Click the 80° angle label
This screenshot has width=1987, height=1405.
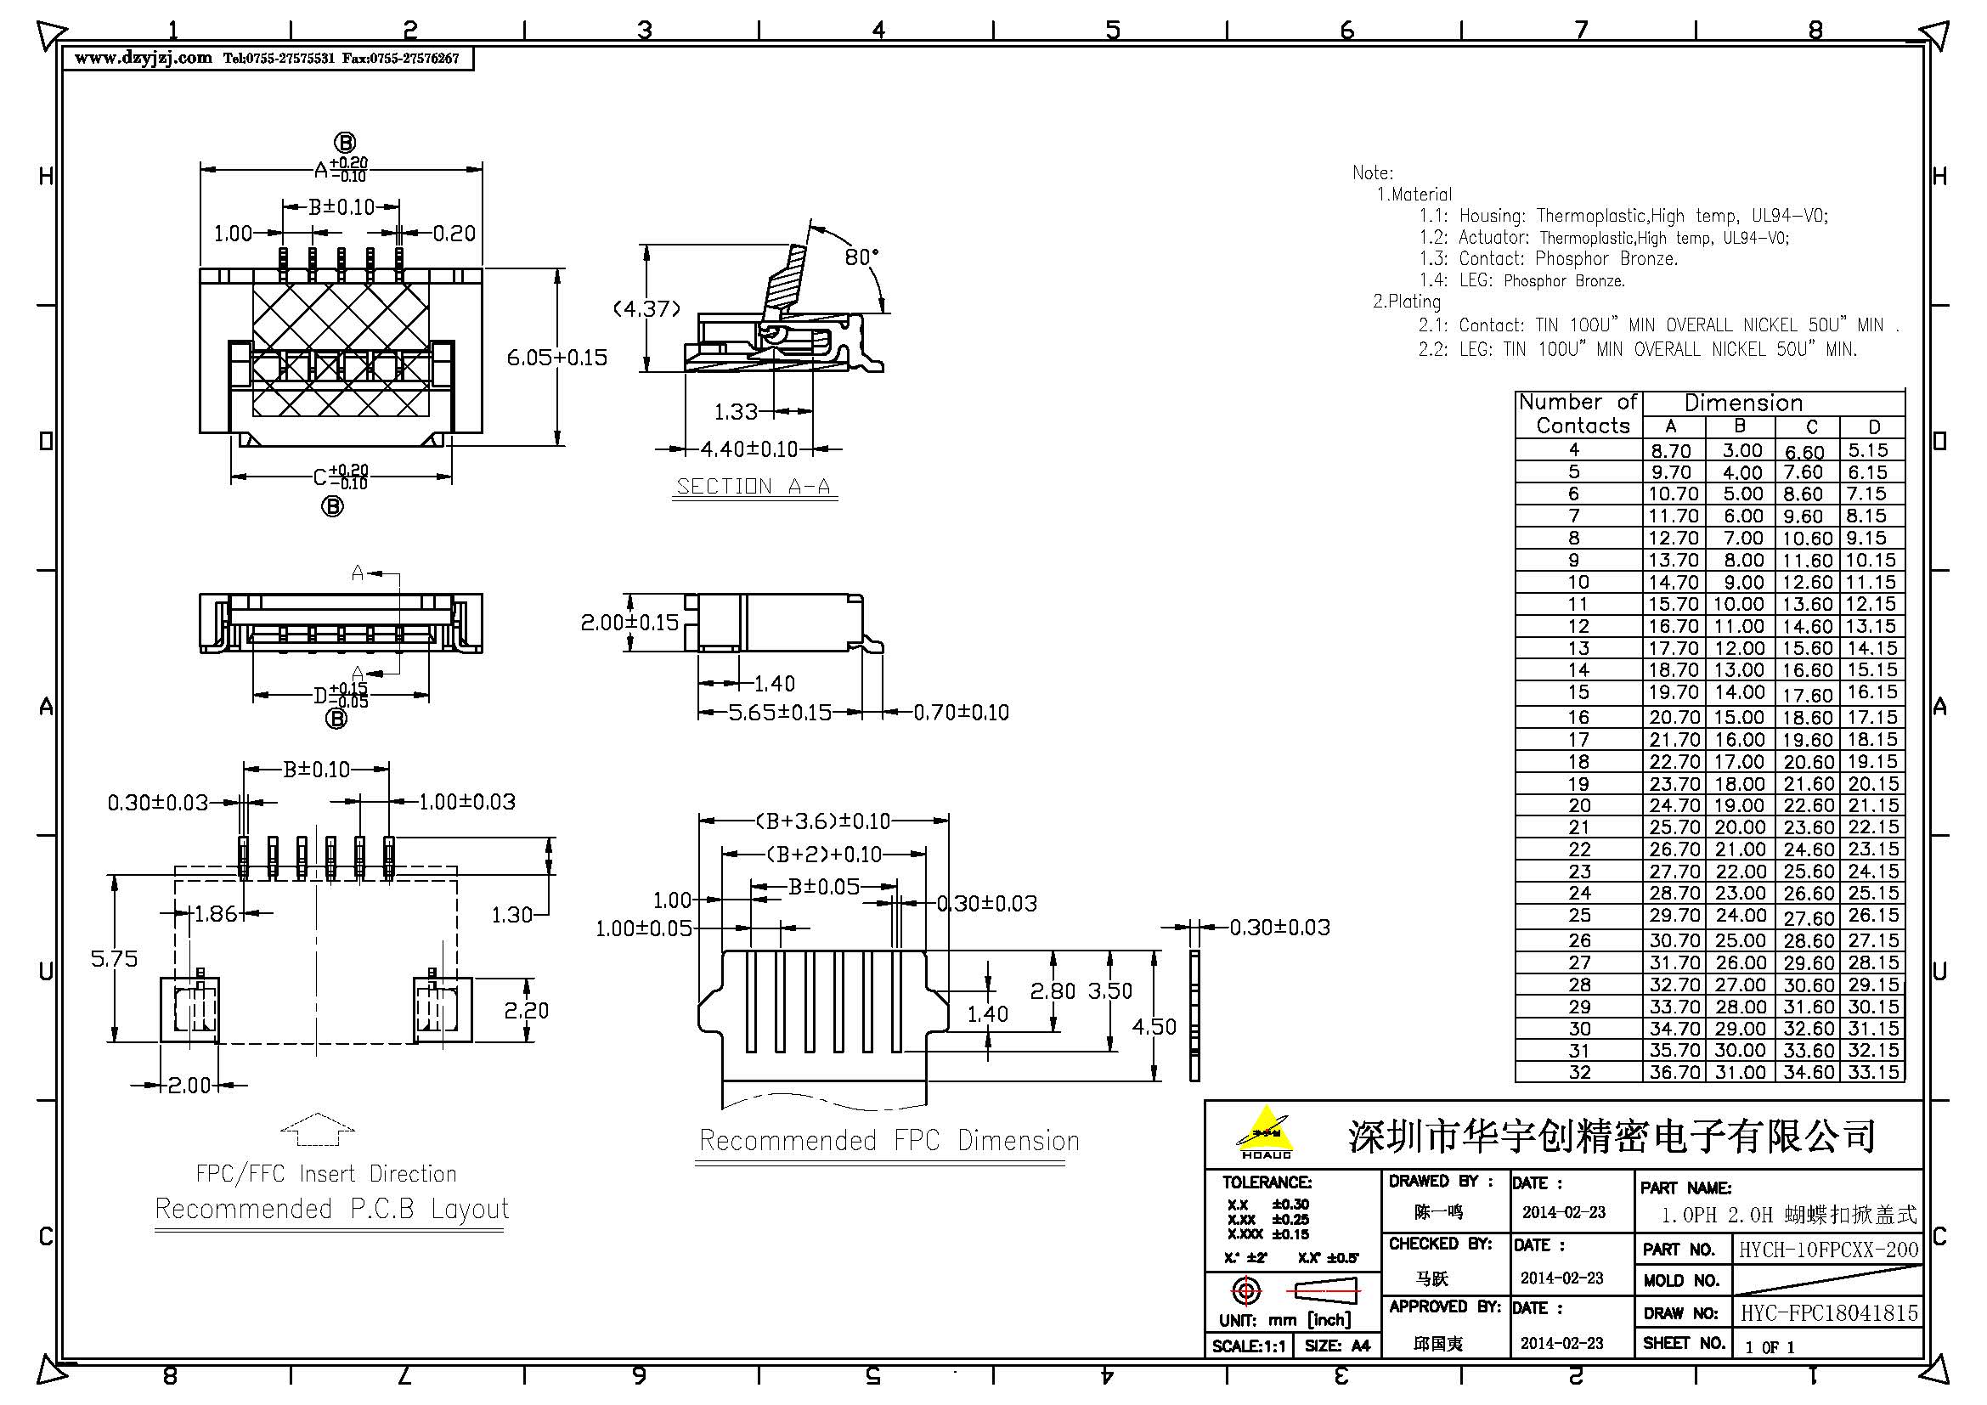861,257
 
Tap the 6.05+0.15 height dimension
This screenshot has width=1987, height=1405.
557,358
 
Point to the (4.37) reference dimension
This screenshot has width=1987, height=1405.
646,309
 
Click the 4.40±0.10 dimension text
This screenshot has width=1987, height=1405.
748,449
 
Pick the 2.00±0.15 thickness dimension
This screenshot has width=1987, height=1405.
630,622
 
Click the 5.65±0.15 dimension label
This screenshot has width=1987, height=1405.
780,712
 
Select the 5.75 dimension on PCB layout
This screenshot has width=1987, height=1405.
114,958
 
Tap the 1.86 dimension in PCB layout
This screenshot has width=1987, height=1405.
215,914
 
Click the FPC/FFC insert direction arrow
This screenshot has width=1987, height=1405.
318,1129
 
